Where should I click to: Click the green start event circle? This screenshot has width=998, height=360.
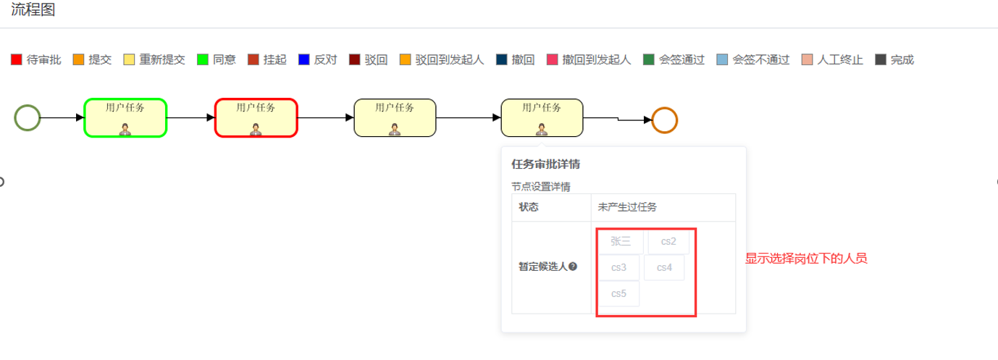pyautogui.click(x=28, y=117)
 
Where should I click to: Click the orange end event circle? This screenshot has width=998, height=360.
pyautogui.click(x=664, y=120)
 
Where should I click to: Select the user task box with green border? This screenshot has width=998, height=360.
pyautogui.click(x=125, y=117)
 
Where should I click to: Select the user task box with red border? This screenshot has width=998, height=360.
pyautogui.click(x=256, y=117)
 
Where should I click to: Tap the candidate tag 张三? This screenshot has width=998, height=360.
pyautogui.click(x=621, y=241)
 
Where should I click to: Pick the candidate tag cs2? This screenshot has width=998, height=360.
pyautogui.click(x=668, y=241)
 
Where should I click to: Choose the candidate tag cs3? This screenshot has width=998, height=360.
pyautogui.click(x=618, y=267)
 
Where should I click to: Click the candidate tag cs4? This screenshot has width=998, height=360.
pyautogui.click(x=665, y=267)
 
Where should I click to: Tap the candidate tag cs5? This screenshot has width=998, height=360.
pyautogui.click(x=618, y=293)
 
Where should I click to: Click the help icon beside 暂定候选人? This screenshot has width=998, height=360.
pyautogui.click(x=573, y=267)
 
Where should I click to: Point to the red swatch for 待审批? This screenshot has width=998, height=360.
pyautogui.click(x=17, y=59)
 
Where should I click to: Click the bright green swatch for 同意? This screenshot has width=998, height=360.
pyautogui.click(x=203, y=59)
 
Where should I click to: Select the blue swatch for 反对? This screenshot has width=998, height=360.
pyautogui.click(x=304, y=59)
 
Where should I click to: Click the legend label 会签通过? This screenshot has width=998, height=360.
pyautogui.click(x=682, y=59)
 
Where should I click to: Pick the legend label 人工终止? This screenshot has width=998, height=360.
pyautogui.click(x=840, y=59)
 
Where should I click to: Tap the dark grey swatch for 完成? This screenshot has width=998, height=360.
pyautogui.click(x=881, y=59)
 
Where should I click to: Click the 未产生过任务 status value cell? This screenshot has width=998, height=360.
pyautogui.click(x=663, y=207)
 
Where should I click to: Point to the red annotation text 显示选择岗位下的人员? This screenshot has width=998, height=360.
pyautogui.click(x=806, y=259)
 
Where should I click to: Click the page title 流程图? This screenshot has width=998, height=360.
pyautogui.click(x=33, y=10)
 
